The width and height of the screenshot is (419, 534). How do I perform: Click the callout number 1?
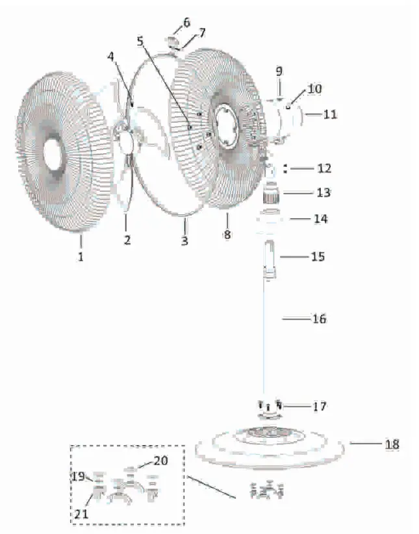coord(81,257)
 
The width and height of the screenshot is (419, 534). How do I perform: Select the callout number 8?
coord(227,235)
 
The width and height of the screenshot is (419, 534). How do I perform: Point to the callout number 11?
coord(330,114)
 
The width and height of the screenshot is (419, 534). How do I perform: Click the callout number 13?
coord(324,193)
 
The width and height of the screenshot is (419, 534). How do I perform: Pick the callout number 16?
coord(319,319)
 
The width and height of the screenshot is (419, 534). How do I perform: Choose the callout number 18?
coord(392,444)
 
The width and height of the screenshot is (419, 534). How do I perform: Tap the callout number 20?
coord(161,461)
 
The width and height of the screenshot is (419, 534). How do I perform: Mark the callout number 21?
coord(81,514)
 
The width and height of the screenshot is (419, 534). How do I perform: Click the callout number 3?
coord(184,241)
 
